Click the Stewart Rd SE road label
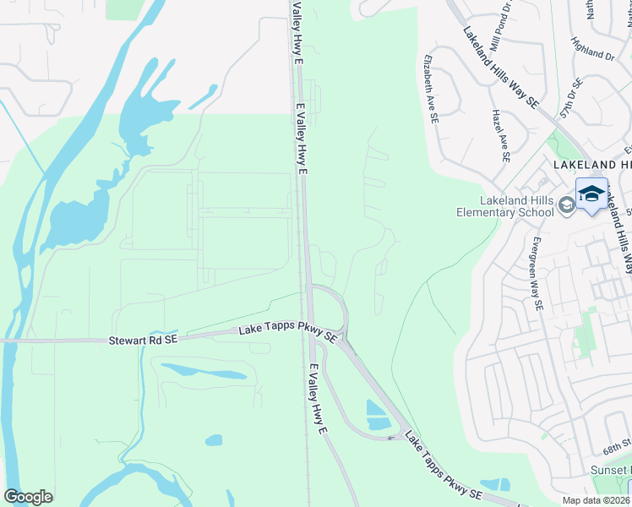(143, 341)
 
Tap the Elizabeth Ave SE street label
(430, 90)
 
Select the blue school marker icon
(591, 194)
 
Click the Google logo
(28, 497)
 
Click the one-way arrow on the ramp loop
(392, 437)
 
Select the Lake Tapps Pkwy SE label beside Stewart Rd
(287, 332)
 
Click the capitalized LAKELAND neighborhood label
(591, 165)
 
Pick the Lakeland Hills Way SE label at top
(500, 66)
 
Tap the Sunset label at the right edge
(617, 469)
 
